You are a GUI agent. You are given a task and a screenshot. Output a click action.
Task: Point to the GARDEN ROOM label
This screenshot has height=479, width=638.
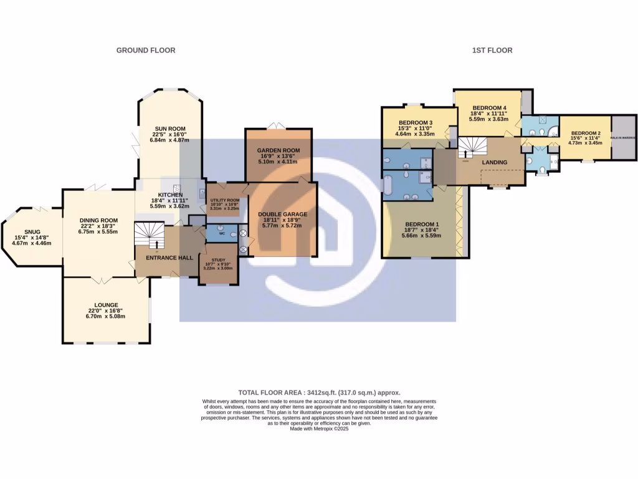(279, 150)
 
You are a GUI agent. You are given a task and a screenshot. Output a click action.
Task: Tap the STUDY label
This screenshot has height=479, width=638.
(218, 260)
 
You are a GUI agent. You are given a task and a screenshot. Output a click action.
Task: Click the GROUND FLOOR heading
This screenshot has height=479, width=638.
(146, 50)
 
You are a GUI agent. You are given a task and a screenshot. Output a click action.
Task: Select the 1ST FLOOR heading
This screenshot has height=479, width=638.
(492, 50)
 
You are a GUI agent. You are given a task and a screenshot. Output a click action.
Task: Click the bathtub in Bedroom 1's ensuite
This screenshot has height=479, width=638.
(389, 186)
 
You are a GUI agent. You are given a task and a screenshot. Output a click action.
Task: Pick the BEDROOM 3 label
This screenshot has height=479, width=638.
(416, 122)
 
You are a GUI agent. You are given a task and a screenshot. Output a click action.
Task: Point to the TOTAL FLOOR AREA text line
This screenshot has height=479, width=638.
(319, 392)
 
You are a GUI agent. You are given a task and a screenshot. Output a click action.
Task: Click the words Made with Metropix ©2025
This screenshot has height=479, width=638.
(319, 429)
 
